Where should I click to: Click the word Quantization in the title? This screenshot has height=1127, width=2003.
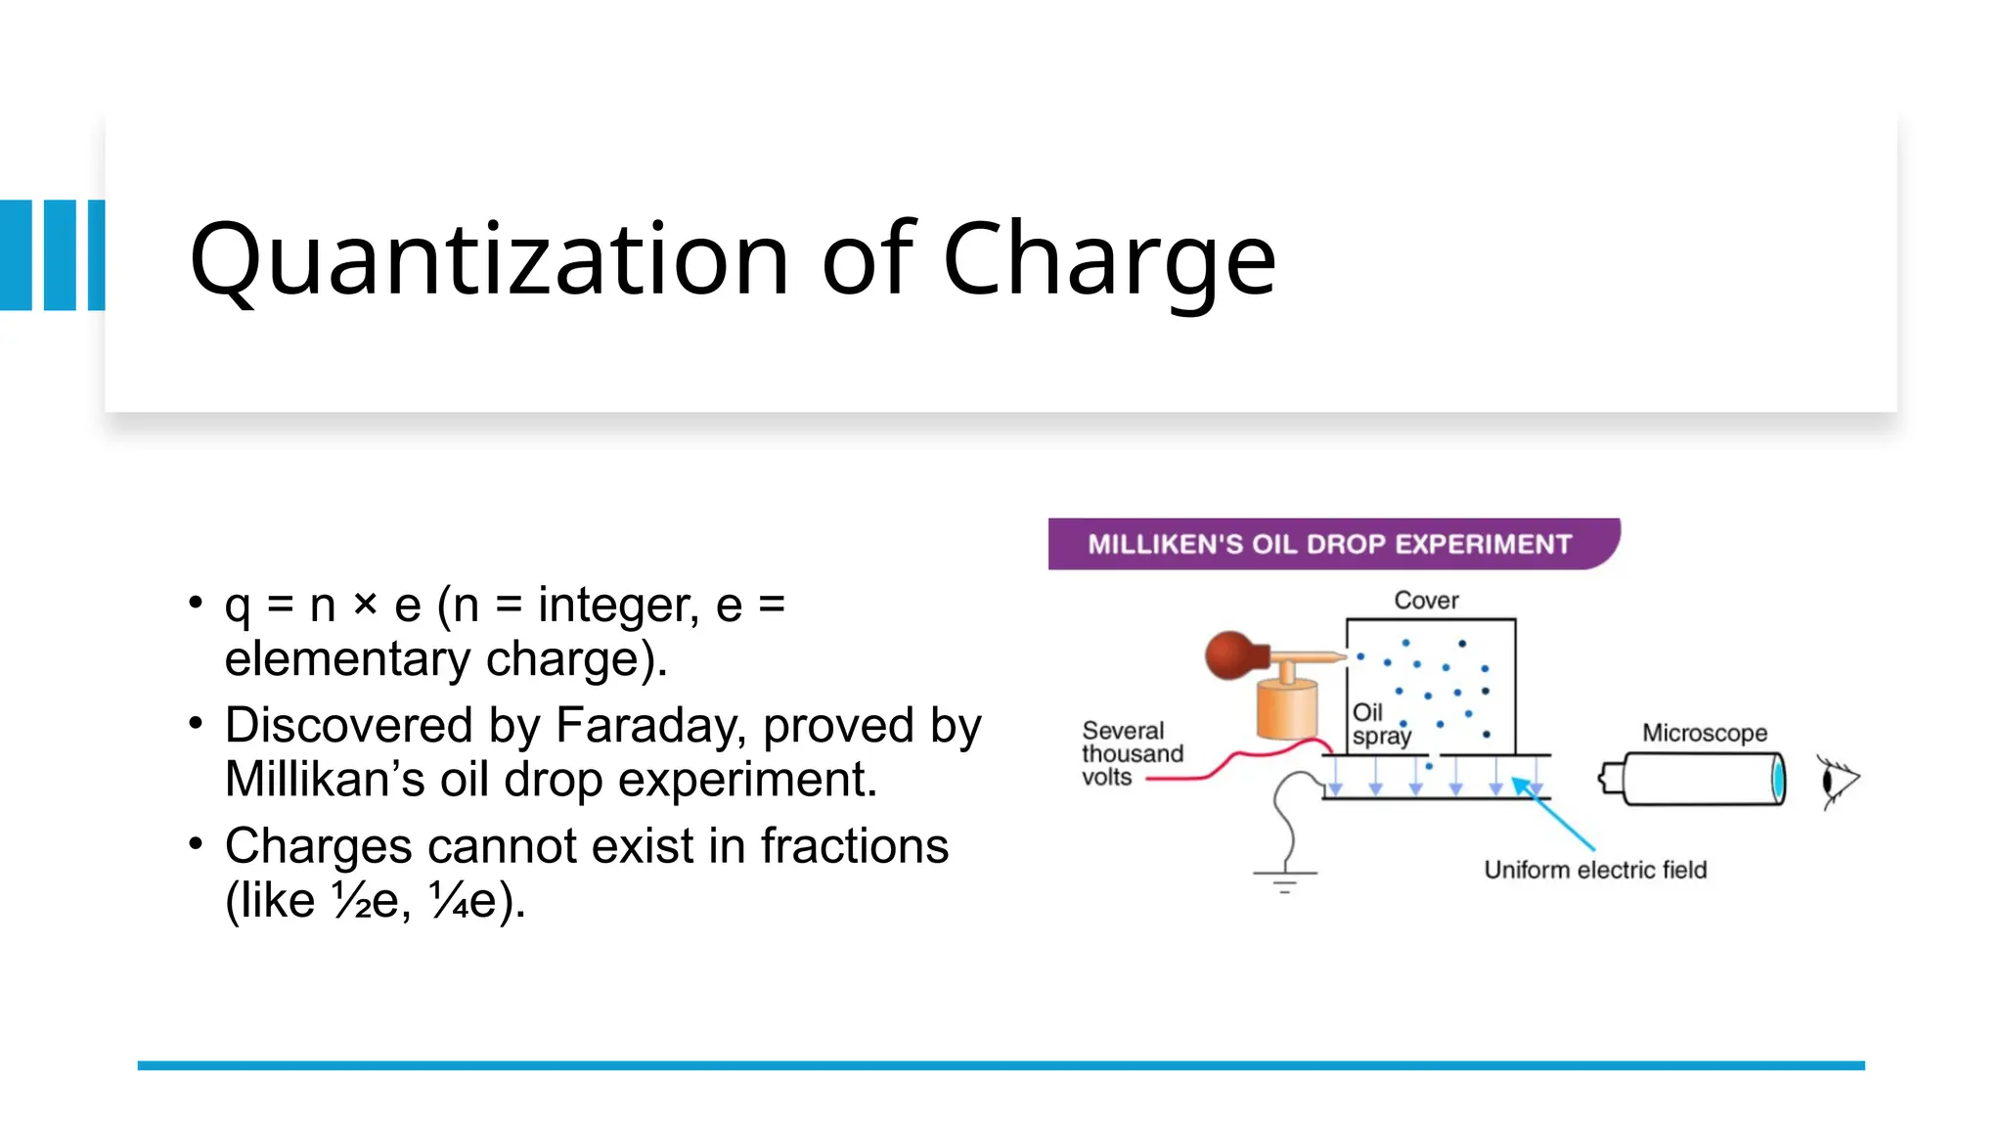point(489,259)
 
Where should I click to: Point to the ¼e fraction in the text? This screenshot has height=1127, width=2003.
point(463,900)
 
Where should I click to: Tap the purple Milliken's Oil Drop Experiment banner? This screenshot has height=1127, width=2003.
point(1330,544)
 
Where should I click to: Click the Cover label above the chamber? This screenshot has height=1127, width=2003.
point(1426,600)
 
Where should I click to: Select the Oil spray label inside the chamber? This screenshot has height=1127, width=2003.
point(1379,725)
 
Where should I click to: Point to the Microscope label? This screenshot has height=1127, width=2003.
point(1704,733)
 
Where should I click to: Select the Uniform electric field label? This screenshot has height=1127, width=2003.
point(1594,870)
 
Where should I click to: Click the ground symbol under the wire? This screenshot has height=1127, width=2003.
point(1285,879)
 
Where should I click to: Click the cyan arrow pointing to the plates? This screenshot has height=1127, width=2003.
point(1555,814)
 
